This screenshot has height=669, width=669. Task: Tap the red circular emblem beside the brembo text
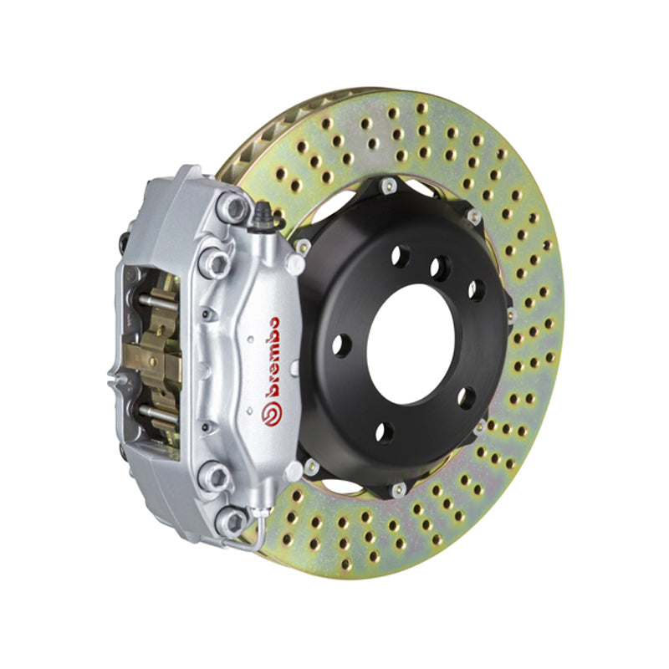pyautogui.click(x=270, y=411)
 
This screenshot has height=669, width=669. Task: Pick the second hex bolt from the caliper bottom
pyautogui.click(x=217, y=477)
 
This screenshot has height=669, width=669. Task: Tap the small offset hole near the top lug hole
pyautogui.click(x=437, y=267)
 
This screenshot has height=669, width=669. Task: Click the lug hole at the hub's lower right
pyautogui.click(x=465, y=396)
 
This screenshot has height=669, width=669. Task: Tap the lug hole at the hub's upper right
pyautogui.click(x=475, y=289)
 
